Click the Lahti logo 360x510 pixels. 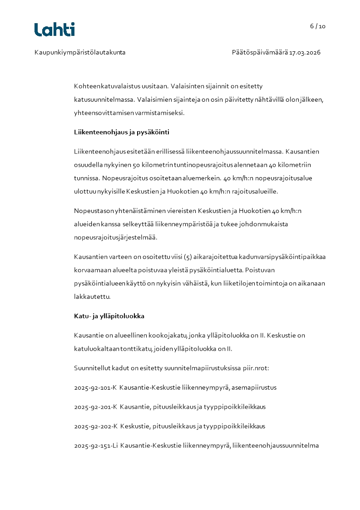(54, 30)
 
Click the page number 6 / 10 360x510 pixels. (318, 26)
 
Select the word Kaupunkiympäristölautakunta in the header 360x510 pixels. (80, 52)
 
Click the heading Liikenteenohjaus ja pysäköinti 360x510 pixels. (122, 133)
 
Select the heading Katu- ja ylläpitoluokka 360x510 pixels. (109, 316)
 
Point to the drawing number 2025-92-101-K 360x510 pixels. (95, 387)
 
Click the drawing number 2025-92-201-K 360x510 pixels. (95, 407)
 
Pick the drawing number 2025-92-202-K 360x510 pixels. (95, 426)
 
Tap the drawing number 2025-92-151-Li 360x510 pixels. (96, 446)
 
